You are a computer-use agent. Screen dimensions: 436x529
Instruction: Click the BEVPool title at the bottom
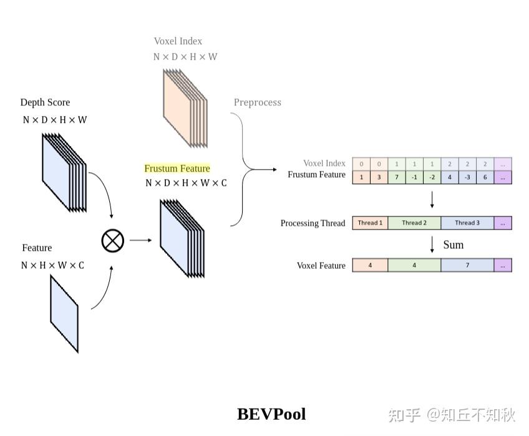click(271, 414)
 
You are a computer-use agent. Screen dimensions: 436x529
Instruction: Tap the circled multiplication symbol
click(113, 240)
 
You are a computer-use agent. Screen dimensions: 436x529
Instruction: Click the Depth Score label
click(45, 102)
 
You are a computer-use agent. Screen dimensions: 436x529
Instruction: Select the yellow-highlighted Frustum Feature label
click(177, 168)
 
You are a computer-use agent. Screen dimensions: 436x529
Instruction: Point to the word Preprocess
click(257, 102)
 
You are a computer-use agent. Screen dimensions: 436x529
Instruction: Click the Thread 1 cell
click(370, 223)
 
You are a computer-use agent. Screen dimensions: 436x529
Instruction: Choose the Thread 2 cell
click(414, 223)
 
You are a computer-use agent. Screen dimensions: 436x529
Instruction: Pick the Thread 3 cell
click(467, 223)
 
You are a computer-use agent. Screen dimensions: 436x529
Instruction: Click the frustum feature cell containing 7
click(397, 177)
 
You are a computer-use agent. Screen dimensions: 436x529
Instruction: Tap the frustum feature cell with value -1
click(414, 177)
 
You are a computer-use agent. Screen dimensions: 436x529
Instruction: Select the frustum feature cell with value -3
click(467, 177)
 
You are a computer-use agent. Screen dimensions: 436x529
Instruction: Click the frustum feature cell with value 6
click(485, 177)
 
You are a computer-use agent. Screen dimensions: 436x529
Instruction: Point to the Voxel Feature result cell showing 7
click(467, 265)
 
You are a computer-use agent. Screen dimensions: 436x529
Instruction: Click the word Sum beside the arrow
click(454, 245)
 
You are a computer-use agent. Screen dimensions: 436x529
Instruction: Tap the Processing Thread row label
click(313, 223)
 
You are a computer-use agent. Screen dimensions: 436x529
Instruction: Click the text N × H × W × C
click(52, 266)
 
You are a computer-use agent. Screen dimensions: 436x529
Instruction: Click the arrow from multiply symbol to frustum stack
click(141, 240)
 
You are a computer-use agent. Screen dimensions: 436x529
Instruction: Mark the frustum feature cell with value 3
click(379, 177)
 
